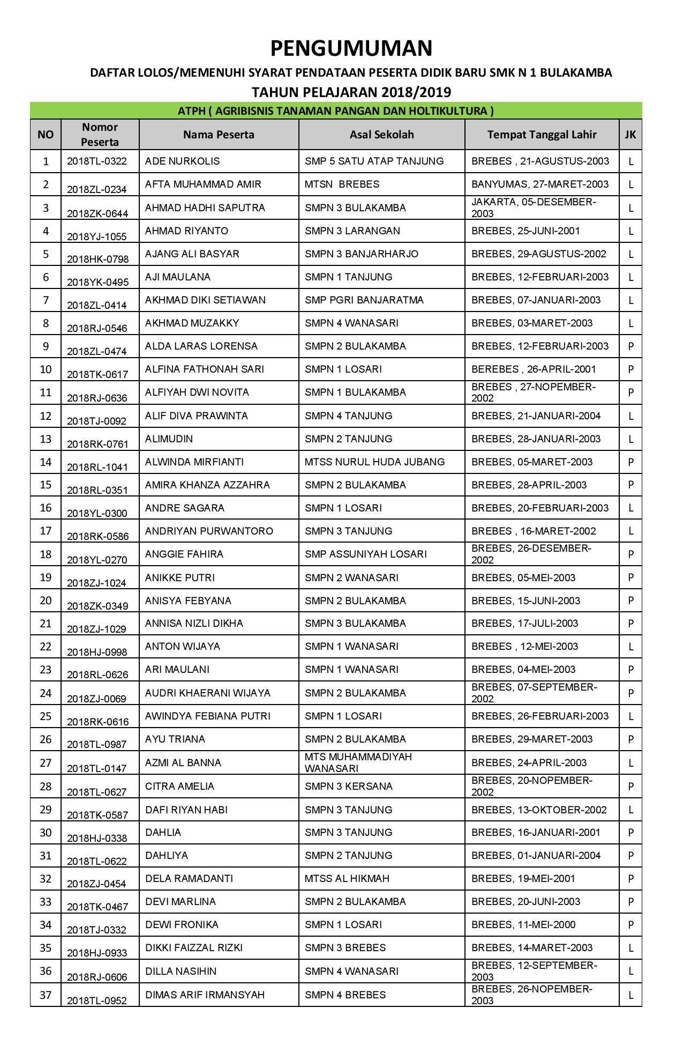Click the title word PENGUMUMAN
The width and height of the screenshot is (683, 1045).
click(351, 49)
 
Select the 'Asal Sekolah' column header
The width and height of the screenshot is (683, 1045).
click(381, 135)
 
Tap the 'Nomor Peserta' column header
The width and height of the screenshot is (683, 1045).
click(100, 135)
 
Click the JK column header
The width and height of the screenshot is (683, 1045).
click(631, 135)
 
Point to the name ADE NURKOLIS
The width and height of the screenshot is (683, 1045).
click(182, 161)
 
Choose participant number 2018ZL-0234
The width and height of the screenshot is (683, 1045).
click(96, 189)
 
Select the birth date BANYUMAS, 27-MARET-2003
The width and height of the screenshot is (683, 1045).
click(540, 184)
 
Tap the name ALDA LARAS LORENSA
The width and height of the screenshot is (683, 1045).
click(201, 346)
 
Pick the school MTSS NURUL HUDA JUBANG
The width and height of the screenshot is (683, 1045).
click(374, 462)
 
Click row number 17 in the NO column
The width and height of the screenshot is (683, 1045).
click(46, 531)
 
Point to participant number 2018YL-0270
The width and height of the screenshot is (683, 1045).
click(96, 560)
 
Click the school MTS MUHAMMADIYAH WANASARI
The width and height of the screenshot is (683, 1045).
click(358, 762)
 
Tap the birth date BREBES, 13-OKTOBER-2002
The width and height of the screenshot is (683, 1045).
click(539, 810)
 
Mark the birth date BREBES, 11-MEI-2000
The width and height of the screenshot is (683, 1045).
click(523, 925)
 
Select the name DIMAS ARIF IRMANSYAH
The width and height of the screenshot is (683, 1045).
click(205, 995)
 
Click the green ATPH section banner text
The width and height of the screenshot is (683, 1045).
click(336, 111)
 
